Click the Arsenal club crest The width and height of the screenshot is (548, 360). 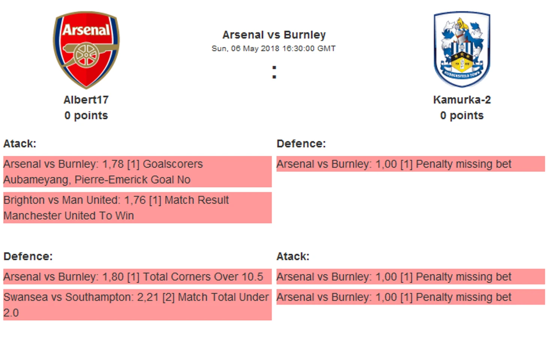(x=86, y=50)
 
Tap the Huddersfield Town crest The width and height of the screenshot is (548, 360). (x=462, y=49)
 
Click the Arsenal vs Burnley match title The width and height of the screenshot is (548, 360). (x=274, y=35)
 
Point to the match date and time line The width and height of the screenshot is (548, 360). (x=274, y=48)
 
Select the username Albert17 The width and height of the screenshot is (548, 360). (x=86, y=100)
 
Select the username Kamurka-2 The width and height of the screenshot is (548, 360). (x=462, y=100)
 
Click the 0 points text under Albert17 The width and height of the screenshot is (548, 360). (x=86, y=116)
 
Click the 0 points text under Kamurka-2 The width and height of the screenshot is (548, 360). (x=462, y=116)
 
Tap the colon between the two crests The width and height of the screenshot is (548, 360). (x=274, y=72)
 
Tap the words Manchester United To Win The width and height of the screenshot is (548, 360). (x=69, y=216)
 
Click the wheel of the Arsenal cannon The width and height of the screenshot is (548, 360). (x=86, y=55)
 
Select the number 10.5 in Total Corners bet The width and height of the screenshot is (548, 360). (x=252, y=277)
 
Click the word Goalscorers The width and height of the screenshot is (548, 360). (x=173, y=164)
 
